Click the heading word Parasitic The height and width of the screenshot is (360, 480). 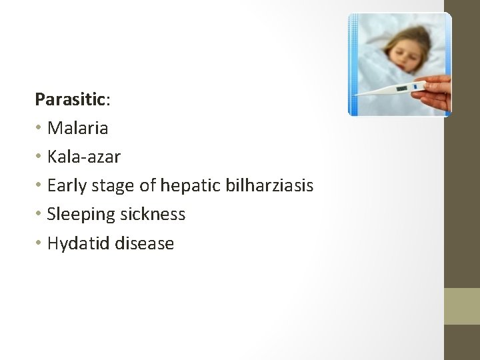click(71, 99)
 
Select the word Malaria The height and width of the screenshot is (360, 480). click(77, 127)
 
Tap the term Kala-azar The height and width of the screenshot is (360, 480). click(84, 157)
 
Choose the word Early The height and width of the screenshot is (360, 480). click(67, 185)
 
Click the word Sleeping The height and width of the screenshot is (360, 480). click(80, 215)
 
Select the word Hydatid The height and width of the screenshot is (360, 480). click(79, 244)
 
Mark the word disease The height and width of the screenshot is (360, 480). click(145, 243)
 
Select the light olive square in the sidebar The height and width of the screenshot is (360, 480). click(462, 306)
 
